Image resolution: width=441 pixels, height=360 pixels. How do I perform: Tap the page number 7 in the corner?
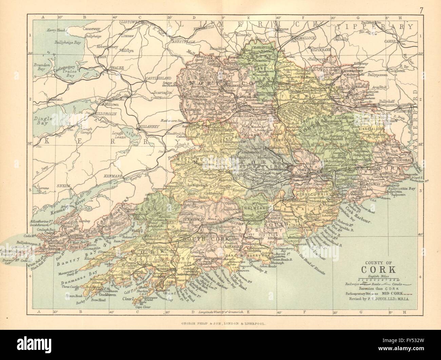coord(420,10)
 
